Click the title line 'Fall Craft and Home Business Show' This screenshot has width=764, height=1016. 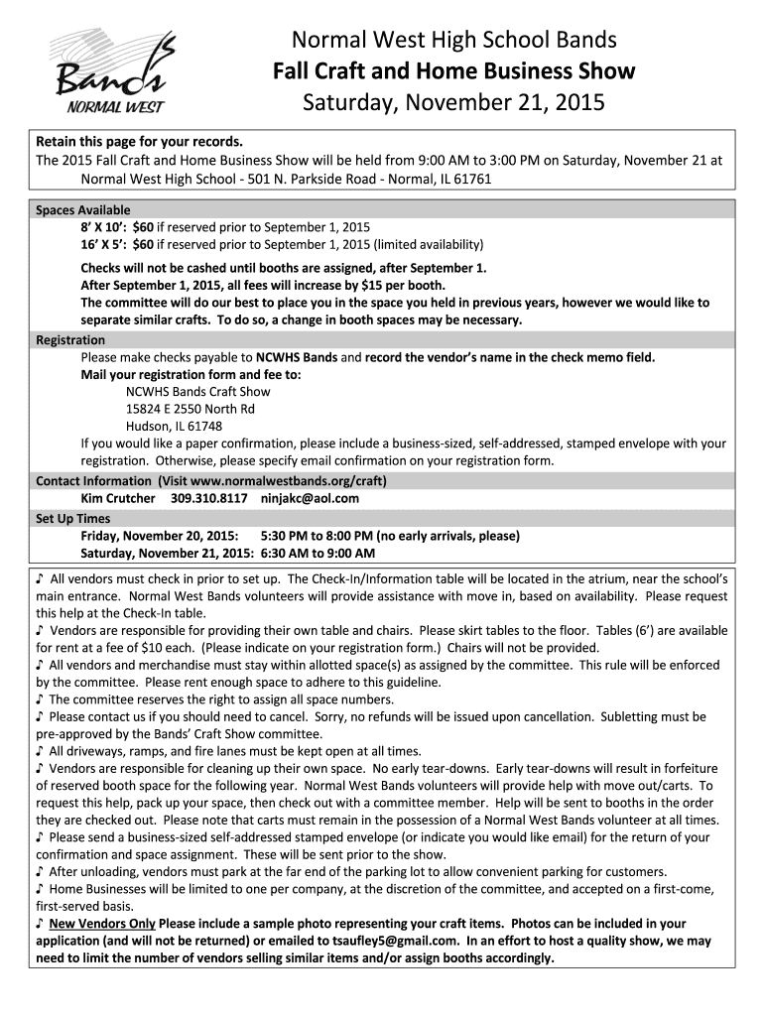(x=454, y=71)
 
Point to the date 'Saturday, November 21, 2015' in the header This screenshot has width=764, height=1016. (x=454, y=103)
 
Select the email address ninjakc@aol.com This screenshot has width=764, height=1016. (x=310, y=499)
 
